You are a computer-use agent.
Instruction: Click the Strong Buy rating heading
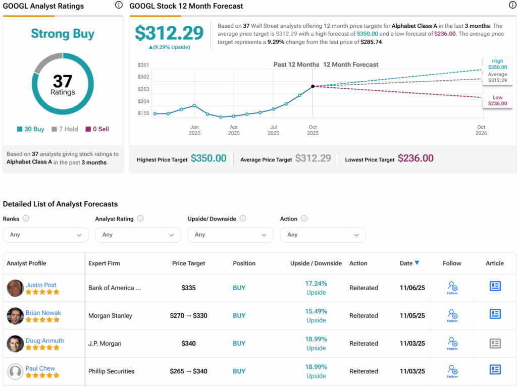pos(63,34)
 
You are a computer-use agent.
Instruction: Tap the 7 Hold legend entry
pos(65,129)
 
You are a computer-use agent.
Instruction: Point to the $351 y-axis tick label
pos(143,65)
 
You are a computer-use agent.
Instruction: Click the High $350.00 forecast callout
pos(497,64)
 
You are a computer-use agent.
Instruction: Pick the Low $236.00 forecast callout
pos(497,100)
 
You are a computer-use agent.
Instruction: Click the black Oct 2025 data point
pos(313,87)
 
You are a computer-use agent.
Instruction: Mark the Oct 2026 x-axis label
pos(481,130)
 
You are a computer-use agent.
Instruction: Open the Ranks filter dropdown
pos(45,235)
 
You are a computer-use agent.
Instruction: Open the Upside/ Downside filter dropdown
pos(230,235)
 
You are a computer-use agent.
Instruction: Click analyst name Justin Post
pos(41,285)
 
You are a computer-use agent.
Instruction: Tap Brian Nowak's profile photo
pos(15,316)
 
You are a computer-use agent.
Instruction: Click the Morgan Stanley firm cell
pos(110,316)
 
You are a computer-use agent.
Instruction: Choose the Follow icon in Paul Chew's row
pos(452,371)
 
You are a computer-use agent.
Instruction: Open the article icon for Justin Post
pos(495,287)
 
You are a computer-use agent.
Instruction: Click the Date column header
pos(409,263)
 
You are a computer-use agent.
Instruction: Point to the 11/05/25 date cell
pos(412,316)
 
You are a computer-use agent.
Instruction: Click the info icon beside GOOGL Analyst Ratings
pos(119,6)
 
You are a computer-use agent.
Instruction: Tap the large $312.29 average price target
pos(169,33)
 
